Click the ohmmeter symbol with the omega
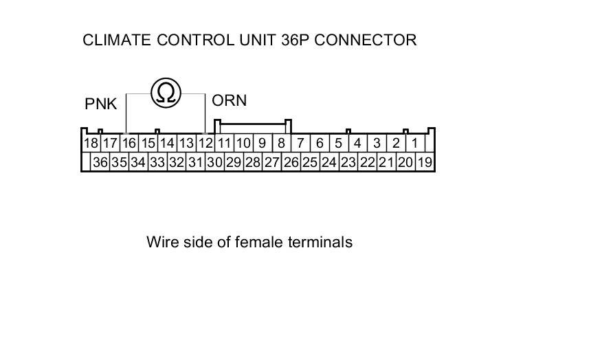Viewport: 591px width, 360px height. point(166,92)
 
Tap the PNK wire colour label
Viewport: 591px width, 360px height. point(101,104)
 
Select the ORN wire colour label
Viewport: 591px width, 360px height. point(229,101)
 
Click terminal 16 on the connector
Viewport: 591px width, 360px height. point(129,144)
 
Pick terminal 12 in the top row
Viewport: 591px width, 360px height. point(205,144)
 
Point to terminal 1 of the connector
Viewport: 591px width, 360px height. point(415,144)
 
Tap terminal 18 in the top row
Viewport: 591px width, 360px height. point(91,144)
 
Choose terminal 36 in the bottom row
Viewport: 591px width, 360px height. point(100,163)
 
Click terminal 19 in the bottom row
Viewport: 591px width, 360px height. point(425,163)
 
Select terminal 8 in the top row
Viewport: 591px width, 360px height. point(281,144)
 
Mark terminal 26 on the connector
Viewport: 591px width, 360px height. point(291,163)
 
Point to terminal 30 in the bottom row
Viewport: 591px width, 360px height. point(214,163)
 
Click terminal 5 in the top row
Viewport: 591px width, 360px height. point(339,144)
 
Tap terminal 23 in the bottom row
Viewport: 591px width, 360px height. point(348,163)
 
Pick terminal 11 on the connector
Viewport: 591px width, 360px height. point(224,144)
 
